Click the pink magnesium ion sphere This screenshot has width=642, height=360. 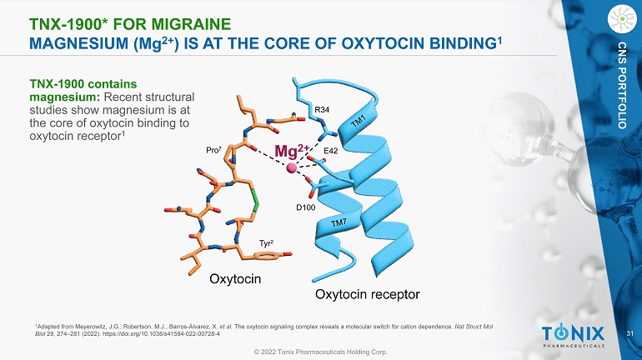coord(292,168)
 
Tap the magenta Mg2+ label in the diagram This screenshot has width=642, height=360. coord(293,152)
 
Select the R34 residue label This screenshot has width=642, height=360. coord(321,109)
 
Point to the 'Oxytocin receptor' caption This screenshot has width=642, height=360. coord(366,295)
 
